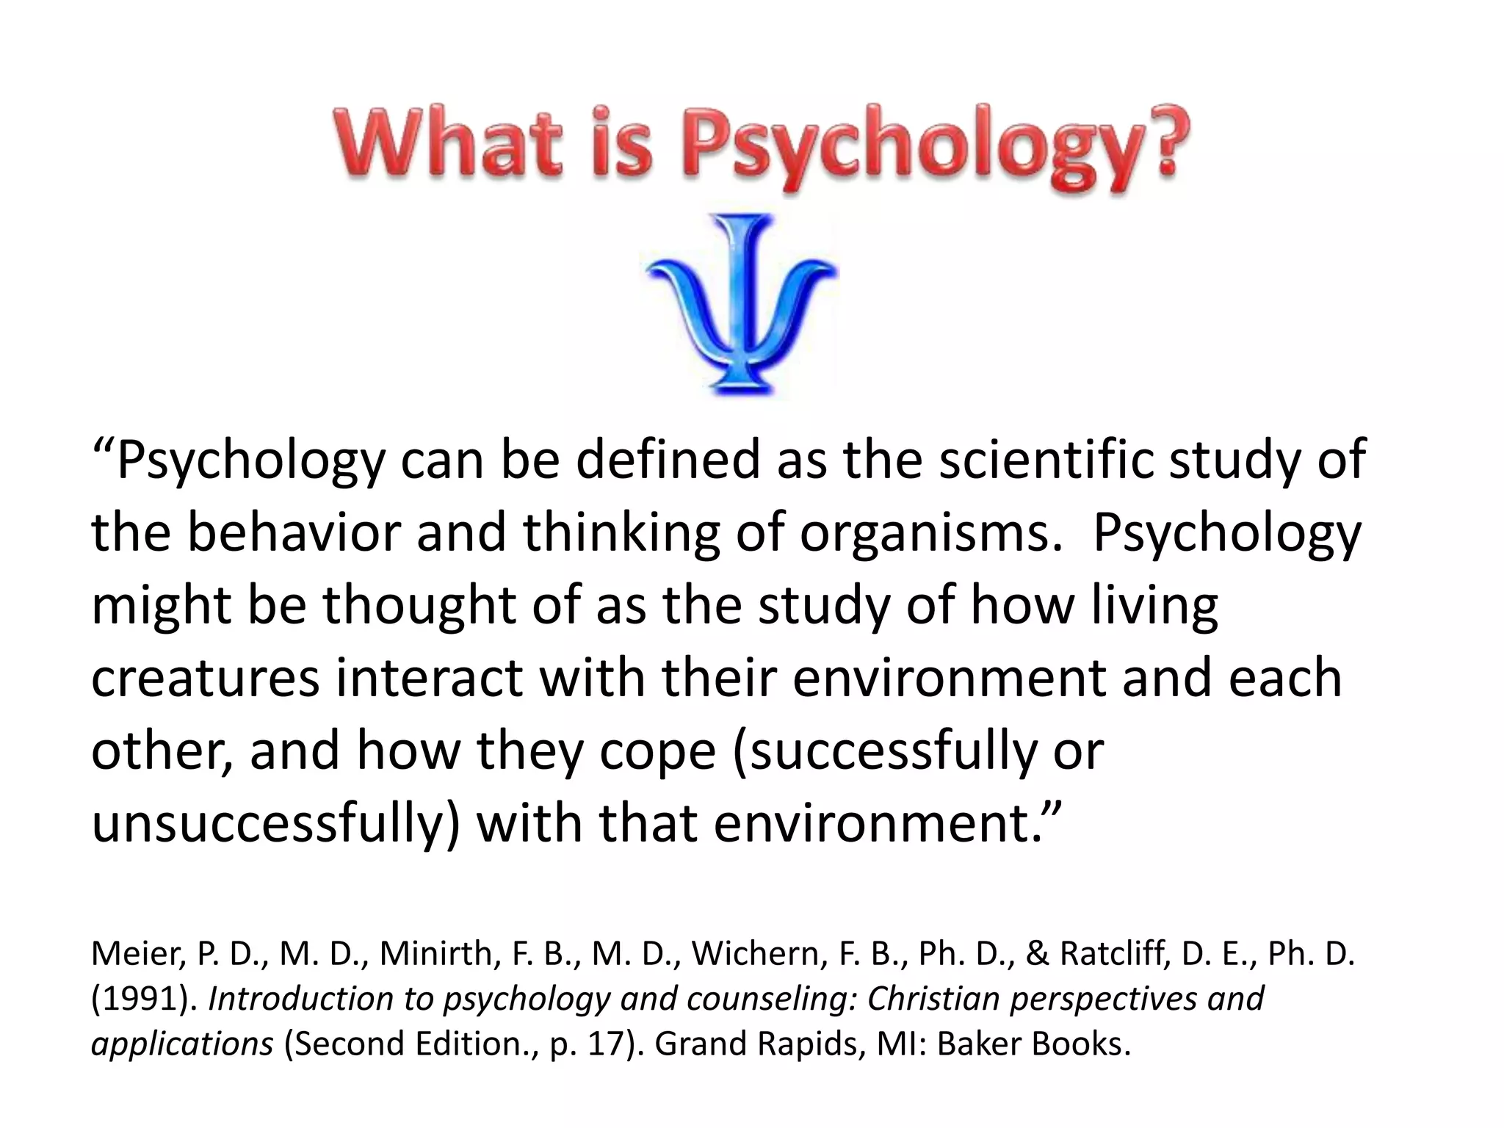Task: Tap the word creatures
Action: click(x=206, y=677)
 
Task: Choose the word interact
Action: click(x=430, y=677)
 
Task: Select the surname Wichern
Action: click(x=748, y=954)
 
